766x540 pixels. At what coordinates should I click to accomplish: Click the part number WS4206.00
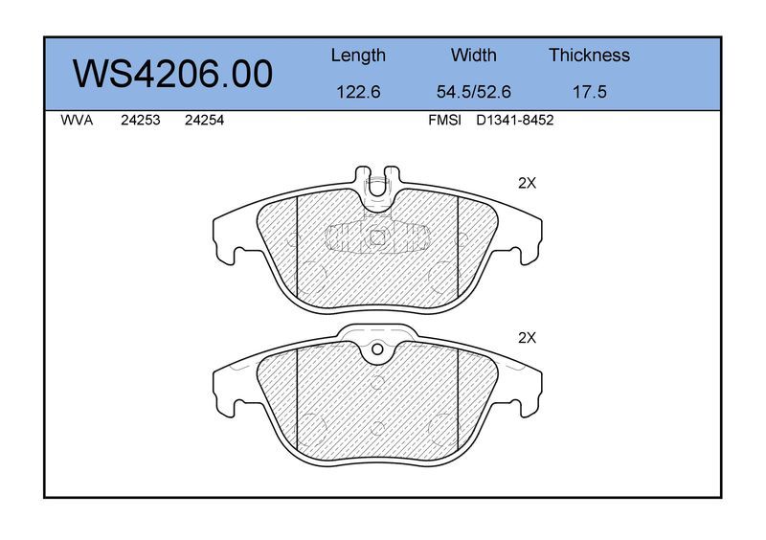point(172,74)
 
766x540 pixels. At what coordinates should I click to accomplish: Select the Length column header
point(358,56)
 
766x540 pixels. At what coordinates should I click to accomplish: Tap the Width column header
point(473,55)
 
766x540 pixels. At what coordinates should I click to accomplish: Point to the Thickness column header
point(589,55)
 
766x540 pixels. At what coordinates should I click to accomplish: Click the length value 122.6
point(358,92)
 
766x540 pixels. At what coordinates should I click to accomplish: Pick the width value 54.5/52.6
point(473,92)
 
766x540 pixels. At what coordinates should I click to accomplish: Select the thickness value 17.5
point(589,92)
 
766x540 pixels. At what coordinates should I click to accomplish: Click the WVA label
point(77,121)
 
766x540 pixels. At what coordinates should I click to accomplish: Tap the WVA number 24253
point(140,121)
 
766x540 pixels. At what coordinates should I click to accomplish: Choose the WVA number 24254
point(204,121)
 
